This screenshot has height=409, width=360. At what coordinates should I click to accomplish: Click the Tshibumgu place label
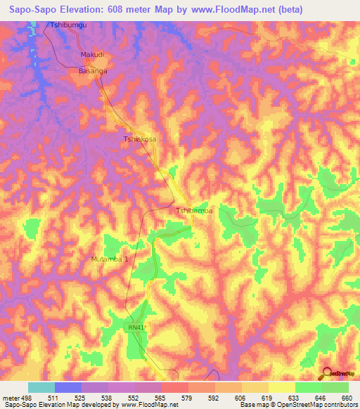69,25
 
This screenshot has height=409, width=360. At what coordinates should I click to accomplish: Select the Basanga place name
92,71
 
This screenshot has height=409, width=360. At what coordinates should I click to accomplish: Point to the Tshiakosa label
140,139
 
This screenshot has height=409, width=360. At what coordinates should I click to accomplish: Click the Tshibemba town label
193,210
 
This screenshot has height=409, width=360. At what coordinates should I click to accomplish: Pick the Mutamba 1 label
110,259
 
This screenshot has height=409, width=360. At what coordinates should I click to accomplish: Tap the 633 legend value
295,397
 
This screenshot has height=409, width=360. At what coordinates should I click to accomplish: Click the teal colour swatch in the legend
41,387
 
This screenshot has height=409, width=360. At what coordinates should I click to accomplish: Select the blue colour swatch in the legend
67,387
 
